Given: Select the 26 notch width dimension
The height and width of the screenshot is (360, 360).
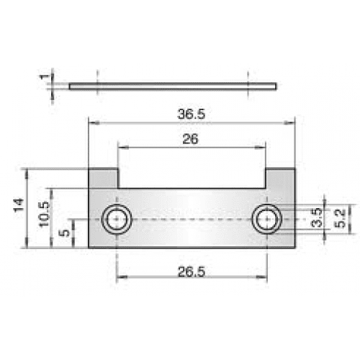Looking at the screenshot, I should (190, 140).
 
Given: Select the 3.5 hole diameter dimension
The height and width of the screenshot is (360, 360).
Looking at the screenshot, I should (315, 219).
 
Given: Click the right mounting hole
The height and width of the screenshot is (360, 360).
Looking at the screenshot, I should (267, 220).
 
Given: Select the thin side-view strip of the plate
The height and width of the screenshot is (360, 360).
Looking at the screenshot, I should (173, 86).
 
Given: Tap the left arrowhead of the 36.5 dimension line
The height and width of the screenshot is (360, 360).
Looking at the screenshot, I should (92, 122).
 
